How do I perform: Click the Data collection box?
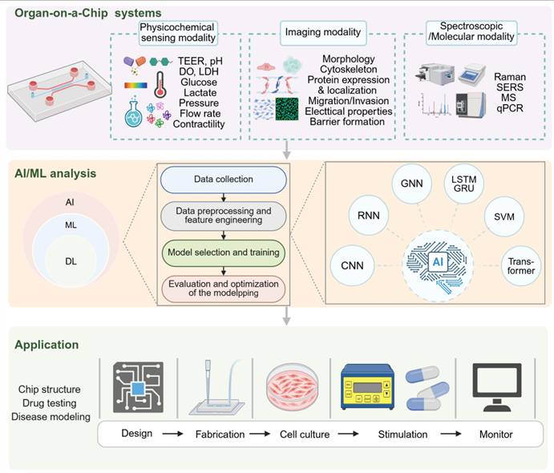(x=224, y=180)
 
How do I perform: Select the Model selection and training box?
(x=224, y=253)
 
